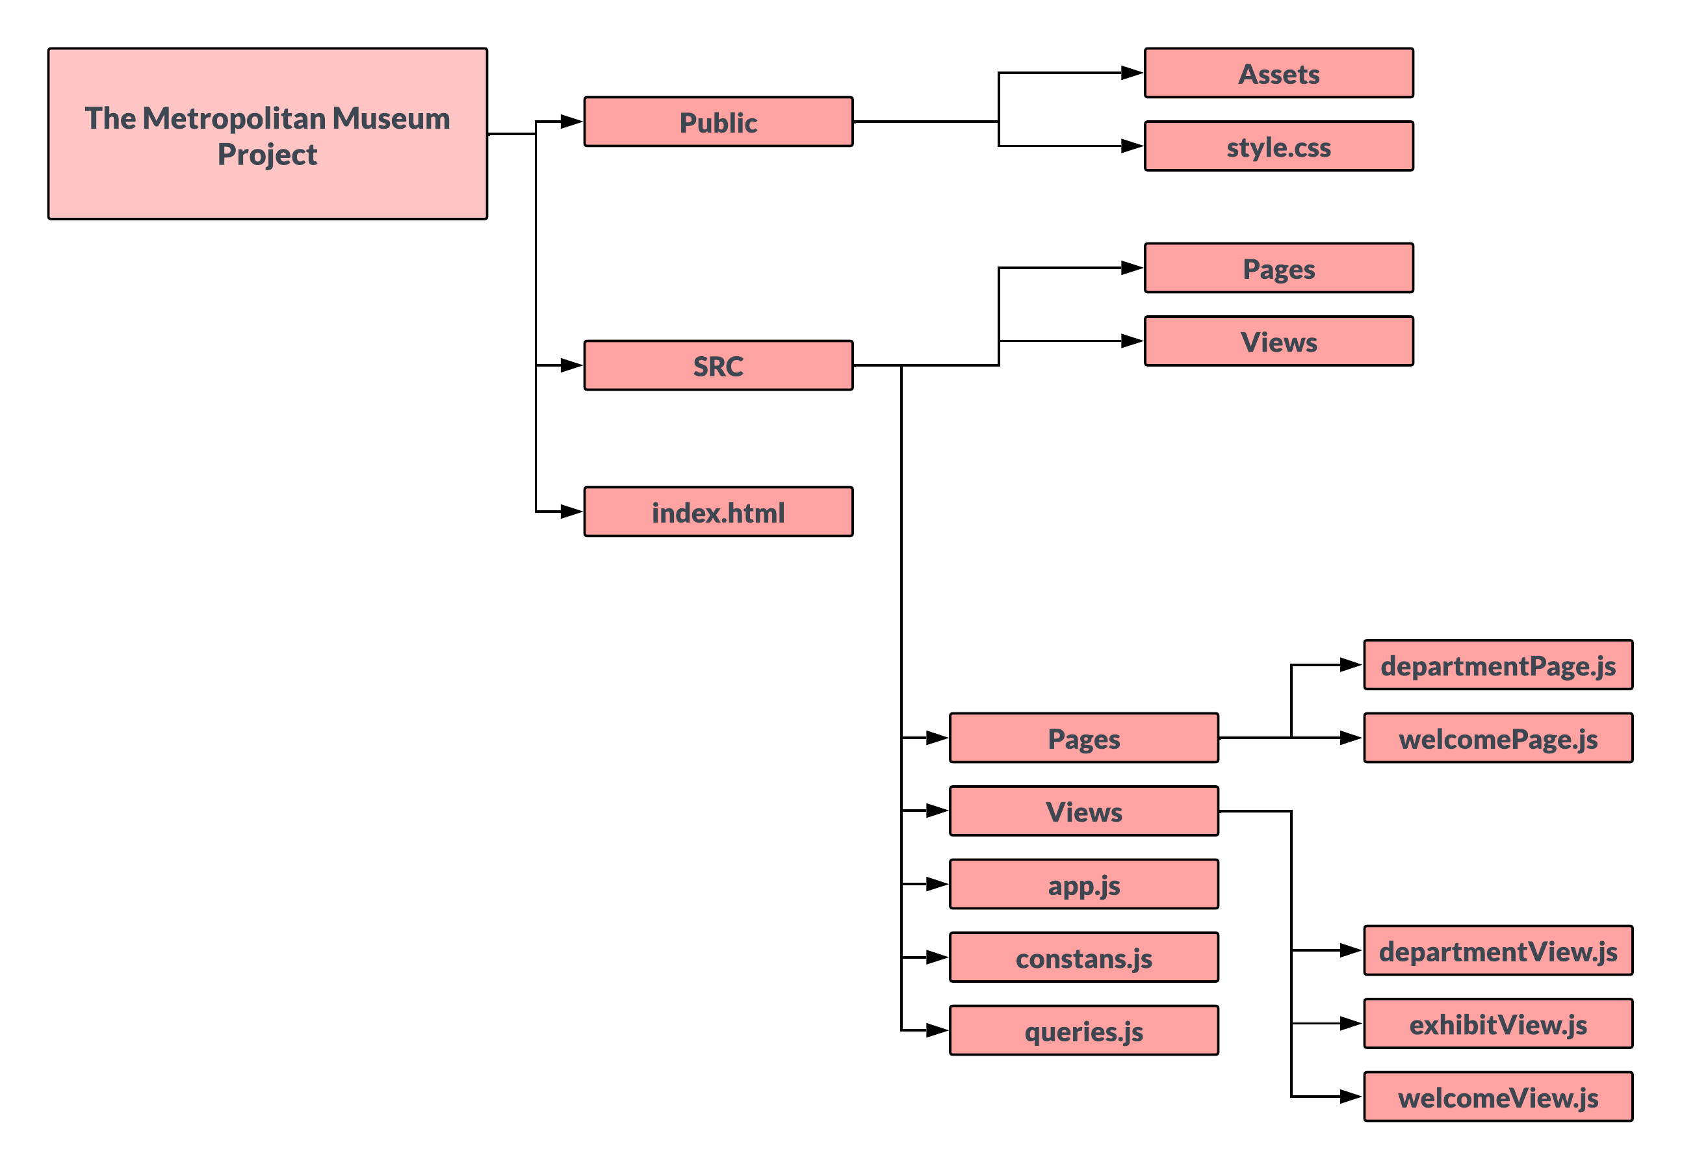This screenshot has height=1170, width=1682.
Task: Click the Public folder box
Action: click(718, 122)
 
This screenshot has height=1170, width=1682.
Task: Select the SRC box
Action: click(718, 365)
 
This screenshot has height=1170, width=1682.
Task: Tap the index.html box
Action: click(718, 512)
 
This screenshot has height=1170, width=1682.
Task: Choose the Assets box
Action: click(1278, 73)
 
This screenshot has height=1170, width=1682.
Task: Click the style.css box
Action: click(1278, 146)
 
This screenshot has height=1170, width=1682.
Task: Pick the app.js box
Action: click(1083, 884)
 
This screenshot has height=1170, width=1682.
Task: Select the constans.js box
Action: click(1083, 957)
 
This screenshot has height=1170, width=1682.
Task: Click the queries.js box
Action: click(1083, 1031)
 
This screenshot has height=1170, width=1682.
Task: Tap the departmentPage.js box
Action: click(1497, 665)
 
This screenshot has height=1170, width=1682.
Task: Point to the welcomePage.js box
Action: click(1497, 738)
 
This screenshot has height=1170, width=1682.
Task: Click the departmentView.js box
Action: click(1497, 950)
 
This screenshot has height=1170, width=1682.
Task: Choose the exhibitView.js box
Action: click(1497, 1024)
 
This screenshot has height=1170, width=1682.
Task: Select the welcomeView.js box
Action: click(1497, 1097)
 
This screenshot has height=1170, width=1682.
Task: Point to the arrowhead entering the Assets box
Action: click(1132, 73)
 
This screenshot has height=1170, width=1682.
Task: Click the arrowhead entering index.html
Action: click(571, 512)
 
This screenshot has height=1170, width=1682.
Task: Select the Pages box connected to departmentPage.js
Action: click(1083, 738)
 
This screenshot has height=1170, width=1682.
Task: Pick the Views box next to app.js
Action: click(1083, 811)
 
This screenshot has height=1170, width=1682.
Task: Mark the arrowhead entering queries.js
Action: click(937, 1031)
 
